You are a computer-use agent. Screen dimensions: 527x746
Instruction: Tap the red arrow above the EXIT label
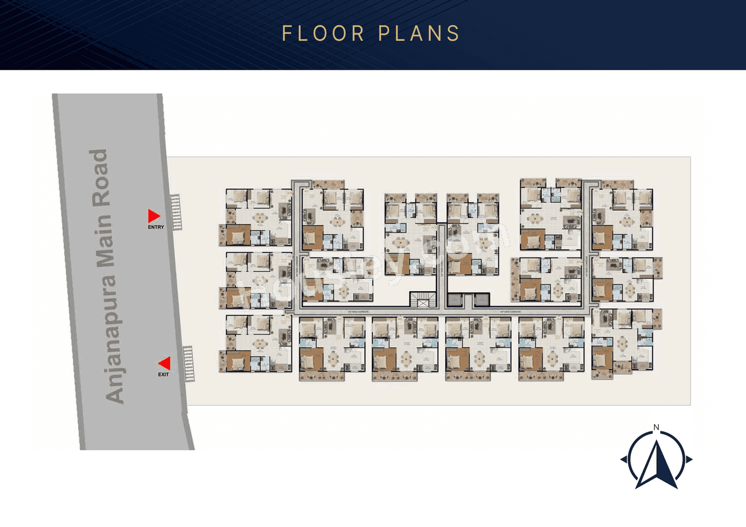165,363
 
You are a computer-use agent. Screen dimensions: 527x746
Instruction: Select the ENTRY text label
156,227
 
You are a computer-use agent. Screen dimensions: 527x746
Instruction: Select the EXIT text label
164,374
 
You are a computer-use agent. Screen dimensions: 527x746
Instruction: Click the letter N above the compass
656,428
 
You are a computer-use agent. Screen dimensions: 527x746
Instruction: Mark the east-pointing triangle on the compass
689,459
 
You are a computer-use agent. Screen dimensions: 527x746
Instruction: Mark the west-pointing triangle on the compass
624,459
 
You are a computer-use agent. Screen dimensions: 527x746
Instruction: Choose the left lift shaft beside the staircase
455,300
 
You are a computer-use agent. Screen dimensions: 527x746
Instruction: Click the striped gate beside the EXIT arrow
188,364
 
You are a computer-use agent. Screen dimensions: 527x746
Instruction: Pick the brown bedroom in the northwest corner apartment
238,235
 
